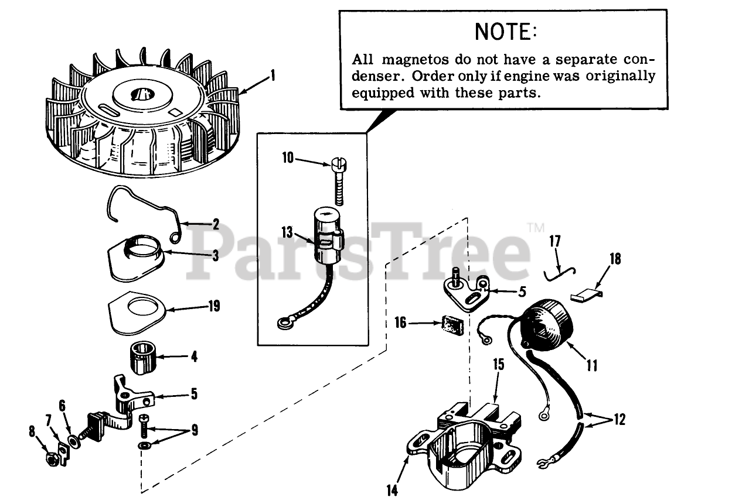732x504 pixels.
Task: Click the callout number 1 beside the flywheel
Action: (x=272, y=76)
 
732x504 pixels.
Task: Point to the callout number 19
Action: (x=214, y=306)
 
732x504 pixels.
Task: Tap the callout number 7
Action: (x=49, y=420)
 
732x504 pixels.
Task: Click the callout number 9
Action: (x=194, y=431)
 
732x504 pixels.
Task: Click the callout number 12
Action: (x=619, y=420)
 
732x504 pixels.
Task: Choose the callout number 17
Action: (x=555, y=241)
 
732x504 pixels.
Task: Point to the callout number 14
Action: (x=392, y=490)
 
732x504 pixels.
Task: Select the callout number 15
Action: (x=498, y=365)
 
